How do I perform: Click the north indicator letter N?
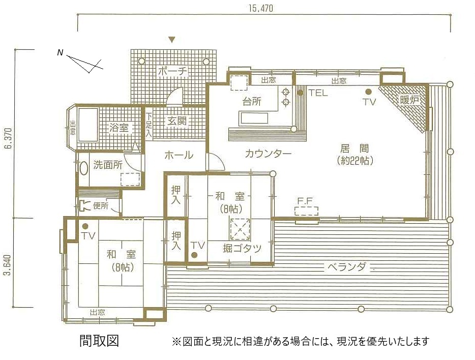[x=60, y=52]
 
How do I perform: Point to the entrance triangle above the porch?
[x=172, y=39]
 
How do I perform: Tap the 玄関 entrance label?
[x=177, y=121]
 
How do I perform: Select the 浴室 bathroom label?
[x=120, y=128]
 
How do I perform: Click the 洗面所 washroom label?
[x=108, y=165]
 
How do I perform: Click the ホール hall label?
[x=179, y=155]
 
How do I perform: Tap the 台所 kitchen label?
[x=252, y=101]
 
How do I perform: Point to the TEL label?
[x=318, y=93]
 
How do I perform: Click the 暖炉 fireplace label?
[x=409, y=100]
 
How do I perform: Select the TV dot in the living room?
[x=369, y=92]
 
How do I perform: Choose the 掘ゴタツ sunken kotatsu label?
[x=242, y=248]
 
